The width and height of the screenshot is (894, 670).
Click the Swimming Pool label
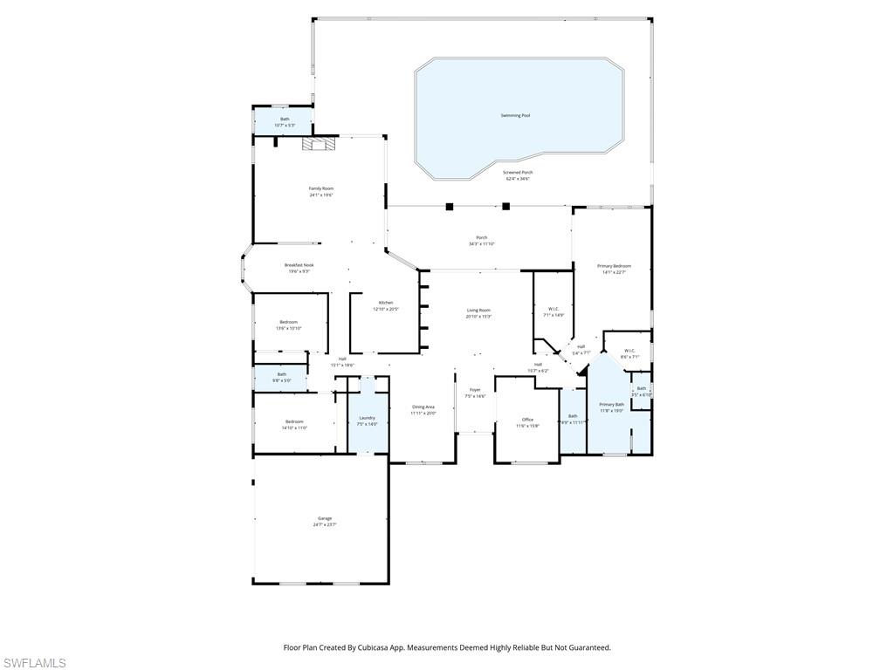pos(515,115)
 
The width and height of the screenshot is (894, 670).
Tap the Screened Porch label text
pos(518,173)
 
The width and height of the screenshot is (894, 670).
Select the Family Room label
pos(321,188)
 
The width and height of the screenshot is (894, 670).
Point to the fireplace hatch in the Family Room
pos(319,146)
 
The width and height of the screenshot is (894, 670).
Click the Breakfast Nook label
pos(299,265)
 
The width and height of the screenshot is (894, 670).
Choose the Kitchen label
pos(385,303)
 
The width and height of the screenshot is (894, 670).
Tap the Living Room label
pos(478,311)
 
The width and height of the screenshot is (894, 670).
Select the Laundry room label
pos(367,418)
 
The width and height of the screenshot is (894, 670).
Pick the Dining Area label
pos(423,407)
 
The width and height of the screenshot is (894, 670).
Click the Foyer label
pos(475,390)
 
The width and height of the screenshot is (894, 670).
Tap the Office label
pos(527,420)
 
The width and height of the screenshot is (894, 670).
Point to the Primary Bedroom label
pos(614,266)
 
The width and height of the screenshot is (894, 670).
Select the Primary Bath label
pos(611,405)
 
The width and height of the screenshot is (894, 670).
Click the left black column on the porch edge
pos(450,207)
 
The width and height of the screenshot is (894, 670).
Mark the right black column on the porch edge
pos(505,207)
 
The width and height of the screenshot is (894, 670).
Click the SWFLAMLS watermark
pos(33,663)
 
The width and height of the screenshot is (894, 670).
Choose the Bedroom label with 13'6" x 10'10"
pos(288,322)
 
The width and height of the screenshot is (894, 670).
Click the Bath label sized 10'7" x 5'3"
pos(285,120)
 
